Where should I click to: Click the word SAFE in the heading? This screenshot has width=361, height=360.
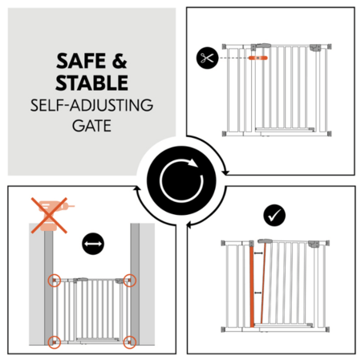pos(81,61)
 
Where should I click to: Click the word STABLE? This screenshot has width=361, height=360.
pos(91,83)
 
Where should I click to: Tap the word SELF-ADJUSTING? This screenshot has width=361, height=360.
pos(91,105)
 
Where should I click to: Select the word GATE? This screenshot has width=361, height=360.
pos(91,126)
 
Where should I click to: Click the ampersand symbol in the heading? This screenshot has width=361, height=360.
pos(120,61)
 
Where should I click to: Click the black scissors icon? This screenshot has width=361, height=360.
pos(207,58)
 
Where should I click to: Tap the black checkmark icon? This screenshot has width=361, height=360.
pos(274,215)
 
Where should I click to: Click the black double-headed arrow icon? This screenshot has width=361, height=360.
pos(93,244)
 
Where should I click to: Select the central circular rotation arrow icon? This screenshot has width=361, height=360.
pos(181,180)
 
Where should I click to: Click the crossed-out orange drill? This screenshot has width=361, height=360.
pos(50,216)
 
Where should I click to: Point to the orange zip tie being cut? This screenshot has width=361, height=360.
pos(258,58)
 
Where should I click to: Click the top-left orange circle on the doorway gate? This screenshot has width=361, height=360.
pos(55,281)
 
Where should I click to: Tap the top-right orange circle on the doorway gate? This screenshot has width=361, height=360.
pos(130,281)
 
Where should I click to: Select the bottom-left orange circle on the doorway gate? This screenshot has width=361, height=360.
pos(55,342)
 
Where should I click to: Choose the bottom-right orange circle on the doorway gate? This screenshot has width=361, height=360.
pos(130,342)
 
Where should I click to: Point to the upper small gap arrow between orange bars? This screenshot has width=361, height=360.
pos(258,253)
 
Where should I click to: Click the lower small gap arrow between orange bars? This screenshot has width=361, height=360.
pos(258,293)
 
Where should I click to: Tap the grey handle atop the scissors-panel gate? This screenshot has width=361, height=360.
pos(263,46)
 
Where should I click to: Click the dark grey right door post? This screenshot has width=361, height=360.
pos(135,284)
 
